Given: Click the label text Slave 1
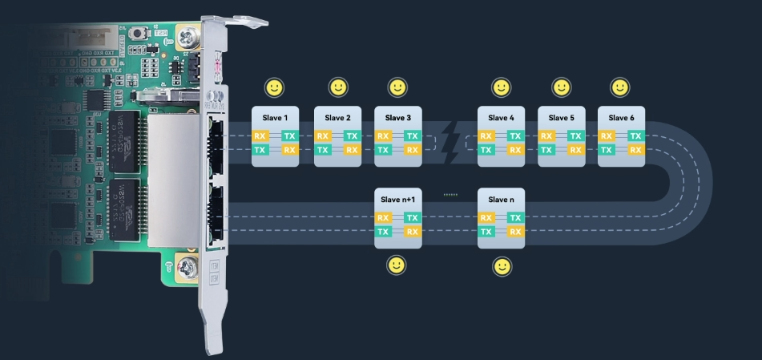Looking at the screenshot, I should [x=275, y=119].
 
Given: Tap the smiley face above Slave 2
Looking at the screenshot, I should [x=338, y=87].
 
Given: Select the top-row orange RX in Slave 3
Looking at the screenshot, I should [x=383, y=136].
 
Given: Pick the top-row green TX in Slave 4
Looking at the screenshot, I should [x=515, y=136].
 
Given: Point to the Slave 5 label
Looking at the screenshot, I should [x=561, y=119].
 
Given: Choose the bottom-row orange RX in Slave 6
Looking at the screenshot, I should [x=635, y=150].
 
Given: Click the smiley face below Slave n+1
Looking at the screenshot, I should [x=396, y=265].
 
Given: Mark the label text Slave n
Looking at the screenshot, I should [x=501, y=200].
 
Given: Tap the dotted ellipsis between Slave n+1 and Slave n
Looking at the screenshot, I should [x=450, y=195].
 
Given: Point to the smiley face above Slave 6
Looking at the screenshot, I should [x=619, y=87].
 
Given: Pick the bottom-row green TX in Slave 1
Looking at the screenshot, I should [x=260, y=150].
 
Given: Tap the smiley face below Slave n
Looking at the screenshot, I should [x=502, y=265].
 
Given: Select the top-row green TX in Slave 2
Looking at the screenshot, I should [x=352, y=136].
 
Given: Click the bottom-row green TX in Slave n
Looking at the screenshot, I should [x=486, y=232].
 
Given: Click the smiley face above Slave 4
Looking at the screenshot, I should [x=502, y=87].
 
